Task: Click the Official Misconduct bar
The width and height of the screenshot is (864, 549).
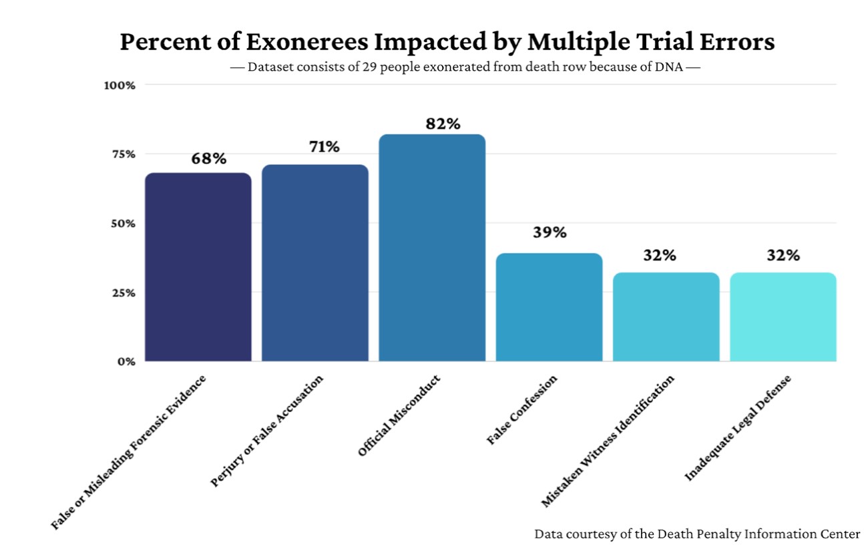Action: pos(432,248)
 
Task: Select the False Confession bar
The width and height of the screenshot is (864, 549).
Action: pos(549,307)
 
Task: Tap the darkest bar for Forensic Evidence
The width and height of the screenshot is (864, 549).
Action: pos(198,267)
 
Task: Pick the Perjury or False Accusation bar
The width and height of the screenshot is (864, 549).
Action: pos(315,262)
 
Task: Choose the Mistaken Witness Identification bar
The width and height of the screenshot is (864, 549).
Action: pos(666,317)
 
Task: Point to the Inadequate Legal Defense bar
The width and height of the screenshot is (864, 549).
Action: pos(783,317)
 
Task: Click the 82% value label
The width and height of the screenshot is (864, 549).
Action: pos(443,124)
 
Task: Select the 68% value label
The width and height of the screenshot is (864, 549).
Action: pos(209,159)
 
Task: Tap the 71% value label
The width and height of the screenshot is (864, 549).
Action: pos(325,146)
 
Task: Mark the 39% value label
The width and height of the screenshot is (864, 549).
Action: pos(550,232)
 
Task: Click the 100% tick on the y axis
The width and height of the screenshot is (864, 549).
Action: pos(120,85)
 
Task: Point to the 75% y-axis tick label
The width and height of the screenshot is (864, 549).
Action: pos(124,154)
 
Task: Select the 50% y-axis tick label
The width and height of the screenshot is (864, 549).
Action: pos(124,223)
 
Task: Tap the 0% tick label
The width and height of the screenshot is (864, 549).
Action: pos(127,361)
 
